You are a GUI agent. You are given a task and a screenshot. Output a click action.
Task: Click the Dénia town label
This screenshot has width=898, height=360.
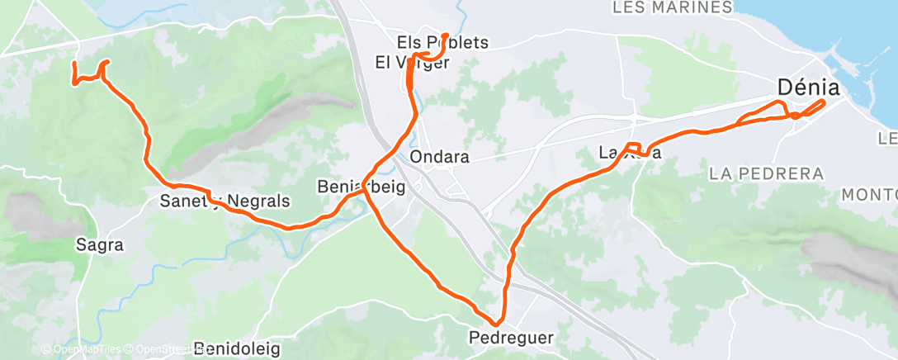[x=808, y=87]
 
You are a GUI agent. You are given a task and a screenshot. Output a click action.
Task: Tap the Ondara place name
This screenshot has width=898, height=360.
[x=438, y=157]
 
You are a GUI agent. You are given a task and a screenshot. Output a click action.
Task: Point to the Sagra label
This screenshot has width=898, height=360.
[x=99, y=244]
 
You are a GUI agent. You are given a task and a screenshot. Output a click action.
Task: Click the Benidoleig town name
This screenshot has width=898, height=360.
[x=237, y=348]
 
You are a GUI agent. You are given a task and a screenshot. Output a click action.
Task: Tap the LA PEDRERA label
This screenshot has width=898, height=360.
[x=766, y=174]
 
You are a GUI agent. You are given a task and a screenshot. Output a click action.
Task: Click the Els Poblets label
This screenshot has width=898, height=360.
[x=442, y=43]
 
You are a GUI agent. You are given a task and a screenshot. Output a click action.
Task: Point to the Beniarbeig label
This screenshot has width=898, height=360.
[x=361, y=187]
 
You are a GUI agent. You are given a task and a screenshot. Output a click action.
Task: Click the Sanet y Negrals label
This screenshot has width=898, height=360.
[x=224, y=201]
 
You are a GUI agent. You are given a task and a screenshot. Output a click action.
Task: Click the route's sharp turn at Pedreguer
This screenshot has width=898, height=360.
[x=498, y=323]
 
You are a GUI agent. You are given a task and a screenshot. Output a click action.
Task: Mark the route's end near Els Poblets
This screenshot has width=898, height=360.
[x=446, y=36]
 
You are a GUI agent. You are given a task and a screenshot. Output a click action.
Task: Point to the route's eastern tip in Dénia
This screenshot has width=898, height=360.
[x=823, y=102]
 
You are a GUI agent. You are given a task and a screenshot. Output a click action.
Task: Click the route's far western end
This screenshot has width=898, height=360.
[x=74, y=64]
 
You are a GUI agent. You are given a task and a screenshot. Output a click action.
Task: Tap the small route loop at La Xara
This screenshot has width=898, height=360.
[x=632, y=149]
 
